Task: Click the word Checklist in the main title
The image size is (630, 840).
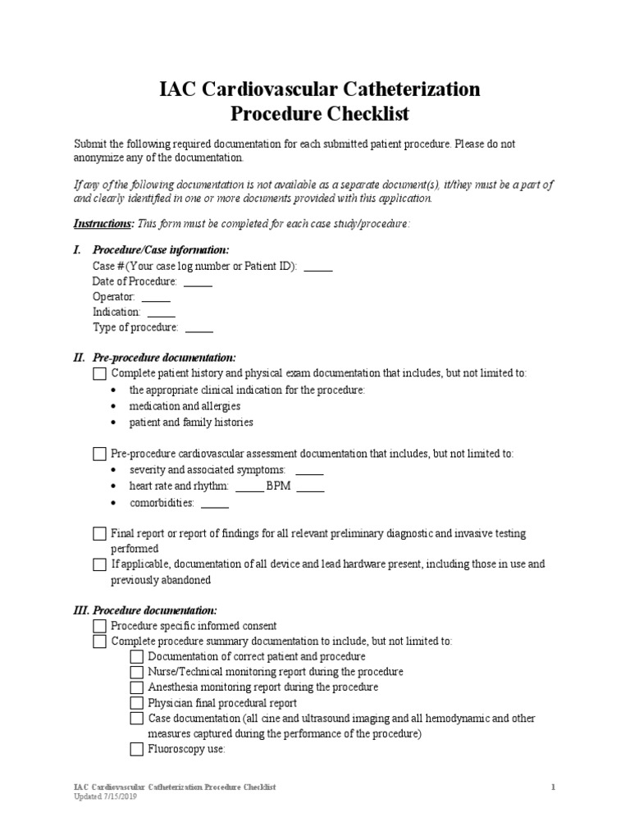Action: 363,112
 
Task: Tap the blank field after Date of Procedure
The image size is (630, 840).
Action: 198,282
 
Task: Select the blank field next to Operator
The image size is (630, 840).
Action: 156,298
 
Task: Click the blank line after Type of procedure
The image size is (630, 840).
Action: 199,328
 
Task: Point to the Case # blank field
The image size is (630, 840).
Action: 318,267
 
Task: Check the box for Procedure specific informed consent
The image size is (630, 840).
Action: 100,626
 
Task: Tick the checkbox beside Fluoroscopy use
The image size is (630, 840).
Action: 137,749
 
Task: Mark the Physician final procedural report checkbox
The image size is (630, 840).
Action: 137,703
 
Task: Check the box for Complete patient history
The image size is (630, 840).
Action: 100,374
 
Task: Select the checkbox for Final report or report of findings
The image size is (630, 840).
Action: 100,534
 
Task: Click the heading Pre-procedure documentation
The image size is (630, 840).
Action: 164,358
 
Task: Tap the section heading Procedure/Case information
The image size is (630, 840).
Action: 161,250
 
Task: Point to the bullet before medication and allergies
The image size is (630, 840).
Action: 112,407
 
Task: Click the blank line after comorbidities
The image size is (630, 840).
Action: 215,504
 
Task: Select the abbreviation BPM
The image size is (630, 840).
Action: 279,487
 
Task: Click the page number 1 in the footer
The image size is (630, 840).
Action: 554,787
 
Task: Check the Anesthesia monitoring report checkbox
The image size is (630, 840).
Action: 137,687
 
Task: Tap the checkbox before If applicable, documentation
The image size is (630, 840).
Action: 100,564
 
